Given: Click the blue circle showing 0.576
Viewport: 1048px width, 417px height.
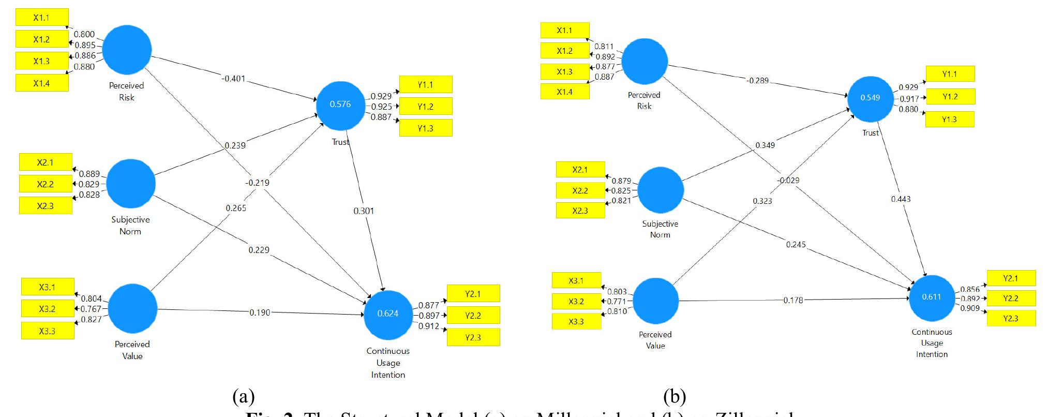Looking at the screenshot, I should [340, 105].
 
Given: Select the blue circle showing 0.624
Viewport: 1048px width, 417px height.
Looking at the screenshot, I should [388, 314].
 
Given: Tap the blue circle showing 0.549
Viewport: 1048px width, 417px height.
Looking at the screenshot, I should [870, 98].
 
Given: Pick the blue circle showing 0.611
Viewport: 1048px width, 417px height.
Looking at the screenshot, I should [932, 297].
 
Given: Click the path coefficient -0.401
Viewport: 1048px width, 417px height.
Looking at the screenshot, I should [233, 79].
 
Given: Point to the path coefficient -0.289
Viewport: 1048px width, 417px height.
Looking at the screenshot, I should [757, 81].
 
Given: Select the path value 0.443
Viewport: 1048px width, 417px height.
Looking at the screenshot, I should [901, 199].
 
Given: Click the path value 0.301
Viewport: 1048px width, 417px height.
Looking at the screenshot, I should [364, 211].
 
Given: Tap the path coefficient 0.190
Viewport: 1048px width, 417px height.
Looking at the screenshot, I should [260, 312].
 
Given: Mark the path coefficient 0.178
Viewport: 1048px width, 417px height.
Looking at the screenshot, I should [793, 300].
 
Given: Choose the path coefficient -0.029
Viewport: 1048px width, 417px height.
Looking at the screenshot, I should [788, 181].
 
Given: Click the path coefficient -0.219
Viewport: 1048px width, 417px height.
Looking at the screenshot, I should [258, 183].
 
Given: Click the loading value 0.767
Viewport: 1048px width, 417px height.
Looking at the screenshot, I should [91, 309].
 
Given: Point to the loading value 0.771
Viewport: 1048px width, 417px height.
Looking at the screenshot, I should [616, 301].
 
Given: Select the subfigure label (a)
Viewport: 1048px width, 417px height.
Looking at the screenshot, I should [244, 397].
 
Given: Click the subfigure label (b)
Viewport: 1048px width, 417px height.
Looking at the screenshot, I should [675, 397].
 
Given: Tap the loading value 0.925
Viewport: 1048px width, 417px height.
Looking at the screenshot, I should [381, 107].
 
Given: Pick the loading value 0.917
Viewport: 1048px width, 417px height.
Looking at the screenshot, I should [908, 99].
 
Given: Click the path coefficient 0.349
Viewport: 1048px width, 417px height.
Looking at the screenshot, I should [765, 145].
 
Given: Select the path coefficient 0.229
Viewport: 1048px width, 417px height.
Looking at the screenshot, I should [259, 250].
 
